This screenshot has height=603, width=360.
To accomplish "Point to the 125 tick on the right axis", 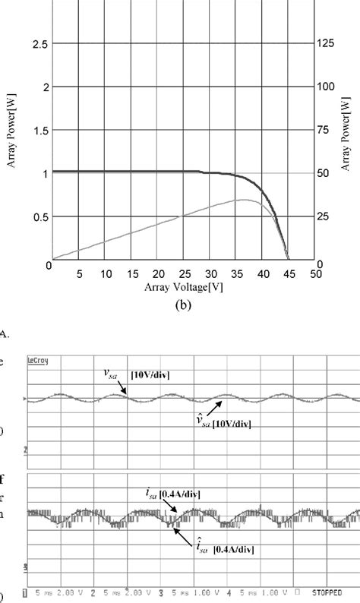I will pos(326,44).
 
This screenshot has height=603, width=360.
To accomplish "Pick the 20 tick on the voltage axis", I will pos(157,273).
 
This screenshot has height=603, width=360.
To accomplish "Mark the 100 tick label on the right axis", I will pos(326,87).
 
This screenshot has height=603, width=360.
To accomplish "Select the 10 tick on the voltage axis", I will pos(106,273).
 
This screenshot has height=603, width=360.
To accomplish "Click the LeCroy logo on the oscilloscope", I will pos(36,361).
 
